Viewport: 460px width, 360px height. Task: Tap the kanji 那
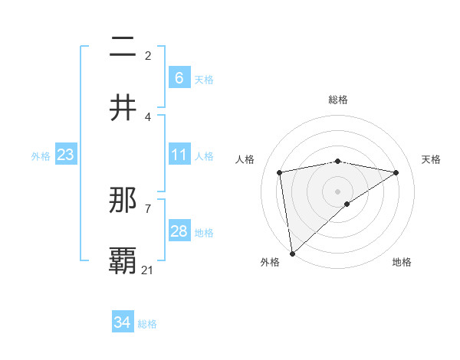pyautogui.click(x=123, y=201)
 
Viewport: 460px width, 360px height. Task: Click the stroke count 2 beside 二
pyautogui.click(x=148, y=56)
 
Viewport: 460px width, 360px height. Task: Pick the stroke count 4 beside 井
pyautogui.click(x=148, y=116)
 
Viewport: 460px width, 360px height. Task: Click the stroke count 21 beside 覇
pyautogui.click(x=148, y=270)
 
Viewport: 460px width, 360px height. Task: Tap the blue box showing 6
pyautogui.click(x=179, y=78)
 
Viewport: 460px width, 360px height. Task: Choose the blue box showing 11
pyautogui.click(x=179, y=155)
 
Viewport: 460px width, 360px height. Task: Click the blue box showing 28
pyautogui.click(x=179, y=231)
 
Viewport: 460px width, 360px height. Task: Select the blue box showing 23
pyautogui.click(x=65, y=155)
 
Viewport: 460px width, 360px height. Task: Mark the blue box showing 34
pyautogui.click(x=122, y=323)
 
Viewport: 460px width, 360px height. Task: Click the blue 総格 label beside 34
pyautogui.click(x=147, y=324)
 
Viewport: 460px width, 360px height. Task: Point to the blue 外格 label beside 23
pyautogui.click(x=41, y=155)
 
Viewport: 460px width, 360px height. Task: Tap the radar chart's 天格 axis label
pyautogui.click(x=431, y=159)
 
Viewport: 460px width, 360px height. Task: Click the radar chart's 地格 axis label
pyautogui.click(x=402, y=262)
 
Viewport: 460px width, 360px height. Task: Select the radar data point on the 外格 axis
pyautogui.click(x=292, y=254)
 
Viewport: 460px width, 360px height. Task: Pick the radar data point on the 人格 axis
pyautogui.click(x=280, y=172)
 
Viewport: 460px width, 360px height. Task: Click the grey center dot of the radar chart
pyautogui.click(x=337, y=191)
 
